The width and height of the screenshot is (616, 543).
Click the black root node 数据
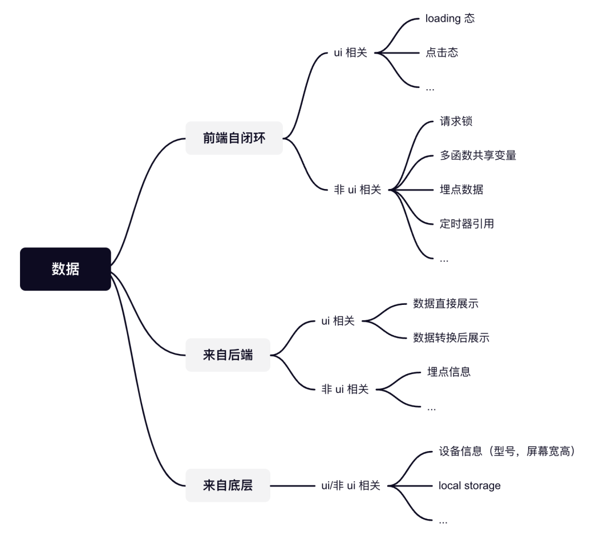point(65,269)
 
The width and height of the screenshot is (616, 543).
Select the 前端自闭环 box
point(234,138)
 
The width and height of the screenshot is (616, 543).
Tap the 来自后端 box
point(228,355)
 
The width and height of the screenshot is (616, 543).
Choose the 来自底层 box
point(228,486)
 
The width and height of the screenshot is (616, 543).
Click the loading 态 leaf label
point(449,18)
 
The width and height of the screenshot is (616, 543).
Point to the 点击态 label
point(441,53)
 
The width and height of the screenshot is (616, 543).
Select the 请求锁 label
point(456,121)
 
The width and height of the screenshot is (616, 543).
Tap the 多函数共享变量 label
point(478,155)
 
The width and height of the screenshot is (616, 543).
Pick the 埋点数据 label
point(461,190)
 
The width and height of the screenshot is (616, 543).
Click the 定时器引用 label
point(467,224)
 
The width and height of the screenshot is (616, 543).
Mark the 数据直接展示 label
point(445,304)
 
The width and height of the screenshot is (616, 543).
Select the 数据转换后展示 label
point(451,338)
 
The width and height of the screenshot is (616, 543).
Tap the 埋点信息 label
point(449,372)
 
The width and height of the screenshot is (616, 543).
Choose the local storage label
point(469,486)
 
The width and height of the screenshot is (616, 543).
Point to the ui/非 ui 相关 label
point(351,486)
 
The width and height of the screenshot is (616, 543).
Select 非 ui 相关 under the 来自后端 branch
point(345,389)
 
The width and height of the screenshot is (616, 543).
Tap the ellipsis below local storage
point(443,521)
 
